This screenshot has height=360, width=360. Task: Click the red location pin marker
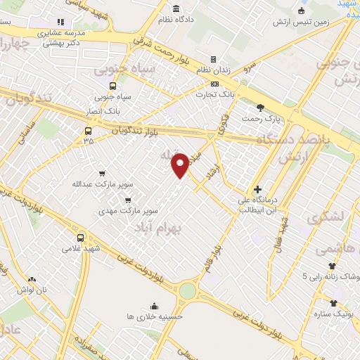click(181, 164)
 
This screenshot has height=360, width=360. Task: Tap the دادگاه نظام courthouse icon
click(176, 9)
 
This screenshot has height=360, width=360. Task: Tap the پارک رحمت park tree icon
click(261, 108)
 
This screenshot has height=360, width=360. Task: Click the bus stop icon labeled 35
click(87, 131)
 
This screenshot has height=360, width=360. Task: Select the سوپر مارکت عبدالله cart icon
click(103, 173)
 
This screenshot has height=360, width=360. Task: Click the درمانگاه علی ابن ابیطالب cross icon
click(258, 188)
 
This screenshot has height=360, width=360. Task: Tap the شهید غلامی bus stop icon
click(80, 237)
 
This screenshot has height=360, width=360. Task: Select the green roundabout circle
click(188, 290)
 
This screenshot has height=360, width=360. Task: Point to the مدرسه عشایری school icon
click(60, 22)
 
